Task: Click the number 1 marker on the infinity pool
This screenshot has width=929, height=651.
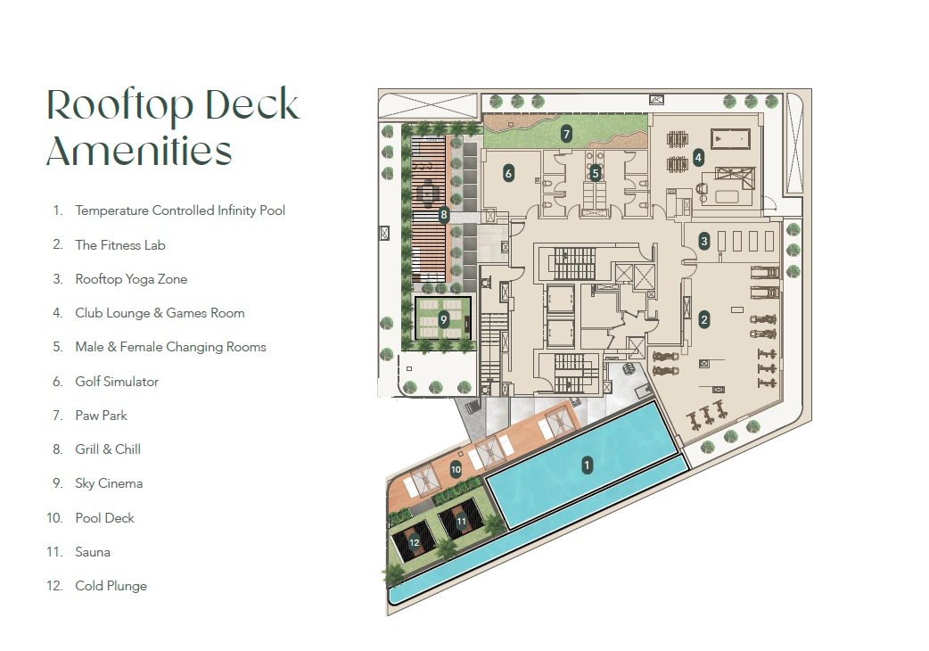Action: pos(587,465)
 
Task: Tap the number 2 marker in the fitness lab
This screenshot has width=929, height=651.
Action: pos(704,319)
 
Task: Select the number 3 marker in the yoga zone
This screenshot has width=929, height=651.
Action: pos(704,241)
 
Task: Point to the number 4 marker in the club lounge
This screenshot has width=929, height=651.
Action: pos(699,157)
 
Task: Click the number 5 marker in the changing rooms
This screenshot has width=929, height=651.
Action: pos(596,173)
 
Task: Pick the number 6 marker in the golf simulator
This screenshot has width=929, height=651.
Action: pos(508,173)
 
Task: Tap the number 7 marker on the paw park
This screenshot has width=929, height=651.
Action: pos(565,134)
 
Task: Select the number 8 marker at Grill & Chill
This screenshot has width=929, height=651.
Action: pos(444,214)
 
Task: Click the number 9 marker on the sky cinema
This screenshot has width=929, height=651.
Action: pos(443,319)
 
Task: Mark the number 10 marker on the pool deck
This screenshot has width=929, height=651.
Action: pos(456,469)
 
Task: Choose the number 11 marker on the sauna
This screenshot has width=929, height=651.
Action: pos(461,520)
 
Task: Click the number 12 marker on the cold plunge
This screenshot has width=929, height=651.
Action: pos(414,542)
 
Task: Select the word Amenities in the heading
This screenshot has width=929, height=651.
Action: pos(139,151)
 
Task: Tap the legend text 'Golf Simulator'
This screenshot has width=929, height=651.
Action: pos(117,382)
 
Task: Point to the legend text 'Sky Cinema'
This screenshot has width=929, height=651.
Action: pos(109,483)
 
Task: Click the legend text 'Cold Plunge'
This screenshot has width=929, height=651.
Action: pos(111,586)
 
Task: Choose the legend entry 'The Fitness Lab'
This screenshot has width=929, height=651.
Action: pos(120,245)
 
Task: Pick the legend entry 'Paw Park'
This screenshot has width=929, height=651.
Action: pos(101,416)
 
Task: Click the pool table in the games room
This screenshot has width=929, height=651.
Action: pos(731,140)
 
